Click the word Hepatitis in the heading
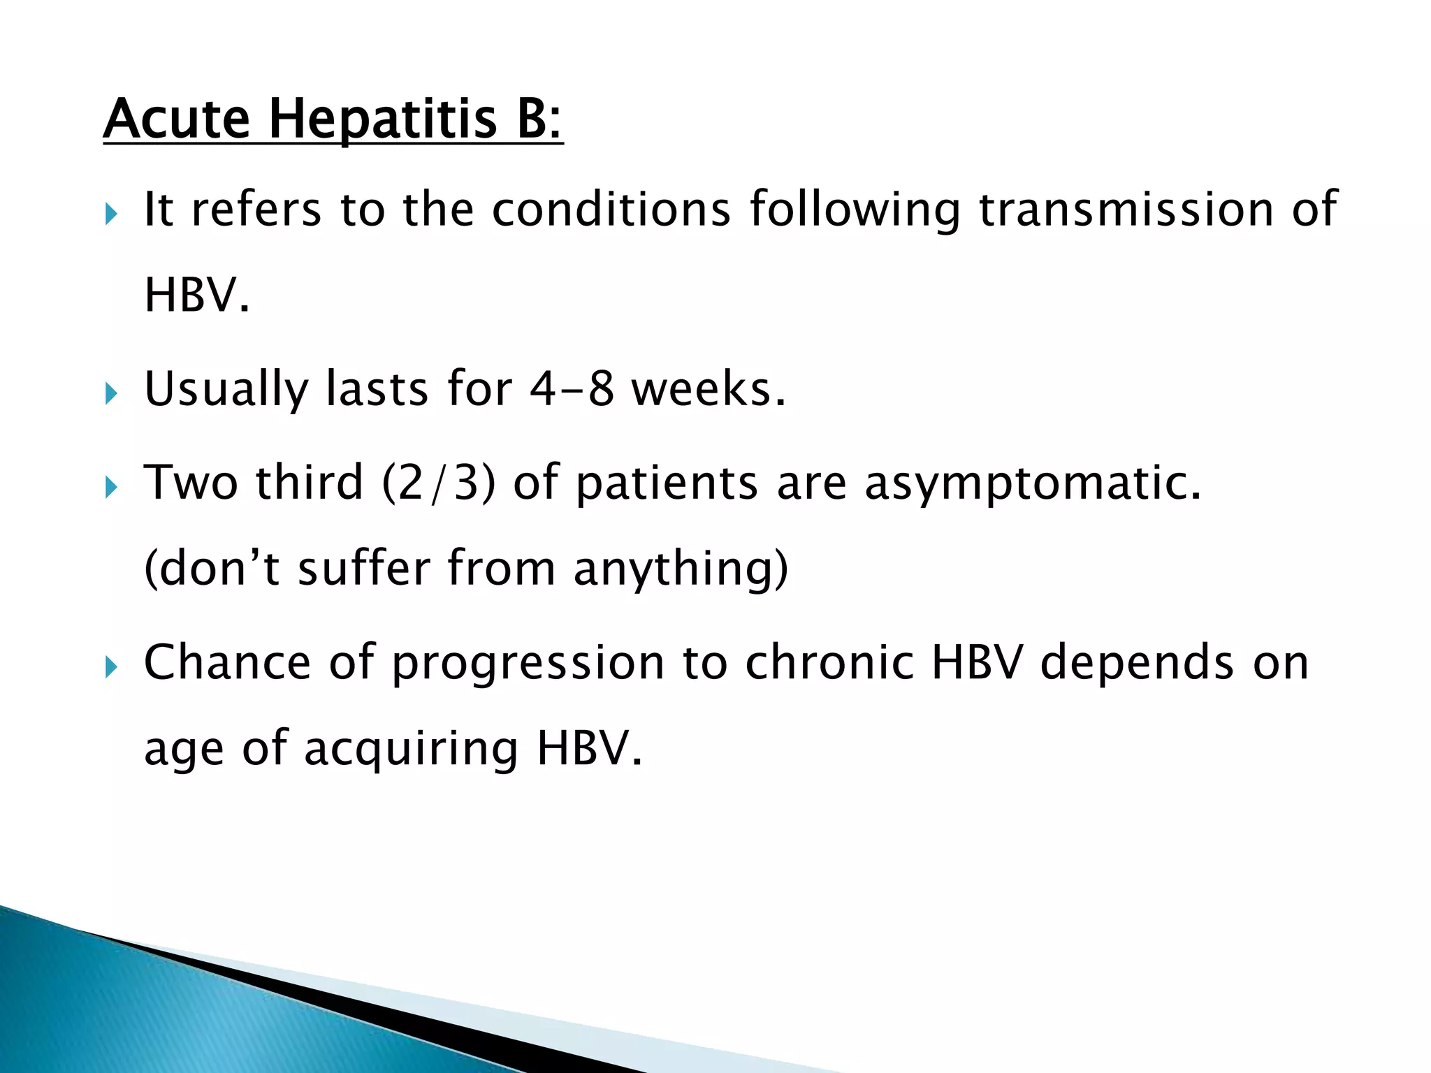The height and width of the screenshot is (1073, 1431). pyautogui.click(x=383, y=120)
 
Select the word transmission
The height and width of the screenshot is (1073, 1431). pyautogui.click(x=1126, y=209)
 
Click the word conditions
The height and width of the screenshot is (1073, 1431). pyautogui.click(x=611, y=209)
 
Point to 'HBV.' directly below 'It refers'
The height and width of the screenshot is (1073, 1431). pyautogui.click(x=196, y=295)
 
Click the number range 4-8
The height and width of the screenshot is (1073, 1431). pyautogui.click(x=572, y=388)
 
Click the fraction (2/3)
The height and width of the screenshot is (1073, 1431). pyautogui.click(x=439, y=482)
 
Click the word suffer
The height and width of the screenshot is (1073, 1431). pyautogui.click(x=363, y=567)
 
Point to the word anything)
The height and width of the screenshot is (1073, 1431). pyautogui.click(x=681, y=569)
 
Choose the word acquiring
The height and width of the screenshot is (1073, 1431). pyautogui.click(x=412, y=749)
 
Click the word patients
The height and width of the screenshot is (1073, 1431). pyautogui.click(x=667, y=483)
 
